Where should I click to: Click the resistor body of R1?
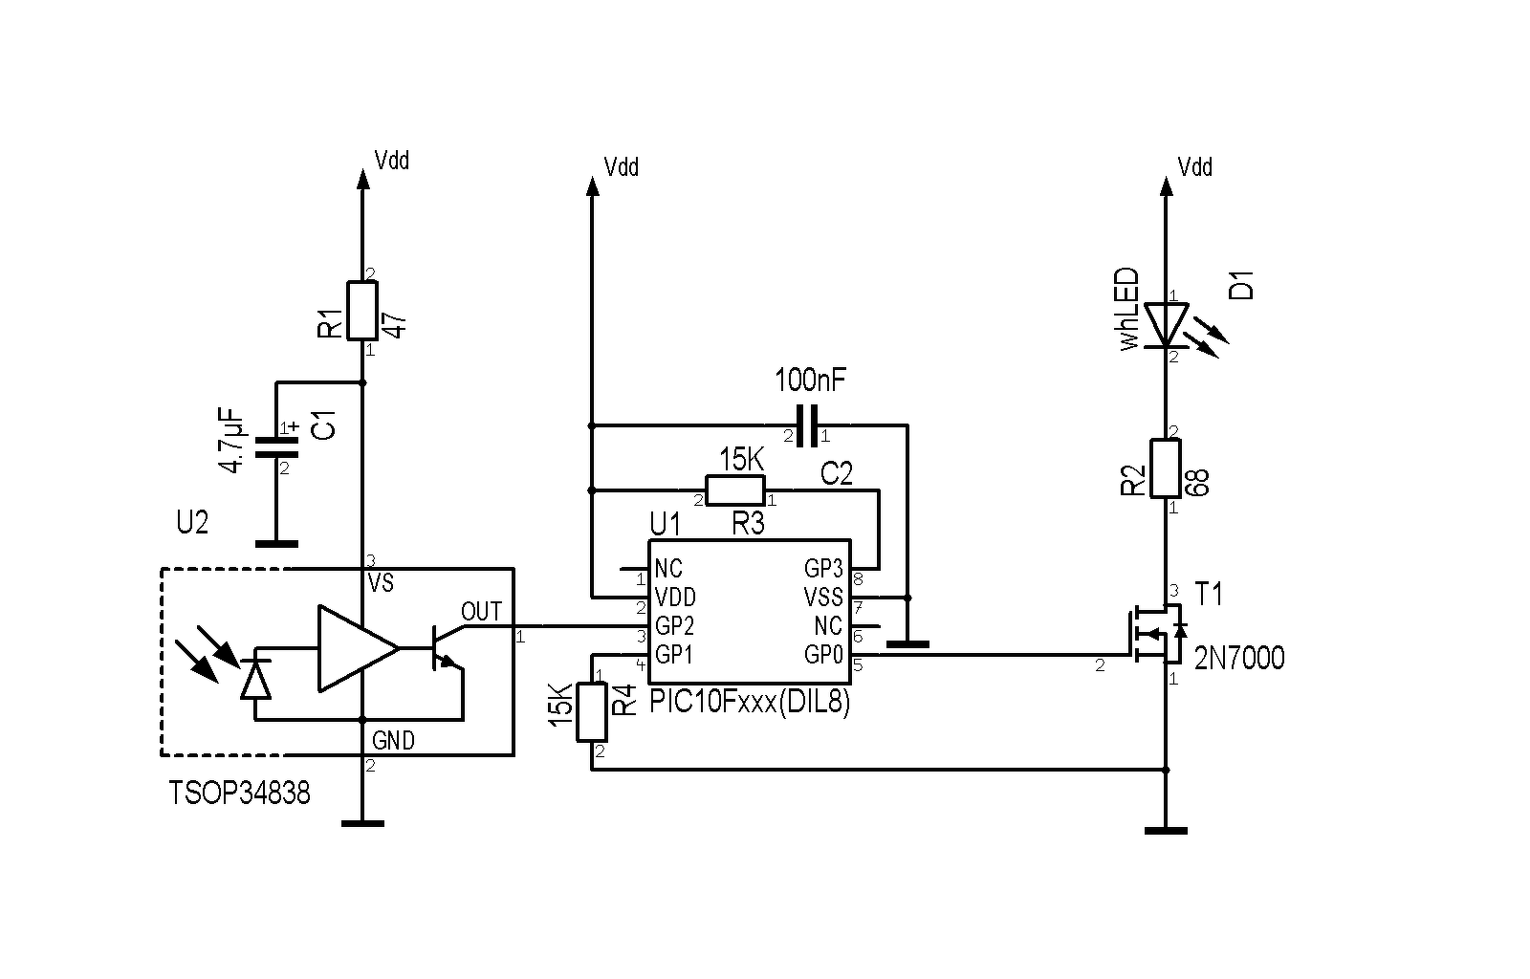click(x=362, y=311)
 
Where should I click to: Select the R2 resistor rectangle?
click(x=1166, y=468)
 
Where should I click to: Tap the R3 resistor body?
click(x=735, y=490)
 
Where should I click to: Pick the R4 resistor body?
click(x=592, y=712)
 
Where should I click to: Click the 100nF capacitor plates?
click(x=807, y=426)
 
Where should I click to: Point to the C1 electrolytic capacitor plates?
click(x=276, y=447)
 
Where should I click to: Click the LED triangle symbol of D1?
click(x=1166, y=326)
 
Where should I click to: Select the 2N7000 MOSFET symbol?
click(x=1158, y=634)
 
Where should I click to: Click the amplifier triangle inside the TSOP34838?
click(x=358, y=648)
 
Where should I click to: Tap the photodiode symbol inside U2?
click(x=255, y=673)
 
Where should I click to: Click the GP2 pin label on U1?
click(x=675, y=625)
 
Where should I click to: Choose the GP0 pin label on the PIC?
click(x=823, y=655)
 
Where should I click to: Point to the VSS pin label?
click(x=823, y=598)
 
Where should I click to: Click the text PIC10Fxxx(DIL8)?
click(x=750, y=702)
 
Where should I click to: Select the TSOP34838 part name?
click(x=239, y=794)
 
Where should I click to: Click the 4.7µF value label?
click(x=230, y=441)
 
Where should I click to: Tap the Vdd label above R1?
click(x=392, y=161)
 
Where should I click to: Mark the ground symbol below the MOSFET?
click(x=1166, y=831)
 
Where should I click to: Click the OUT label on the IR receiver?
click(x=482, y=612)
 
